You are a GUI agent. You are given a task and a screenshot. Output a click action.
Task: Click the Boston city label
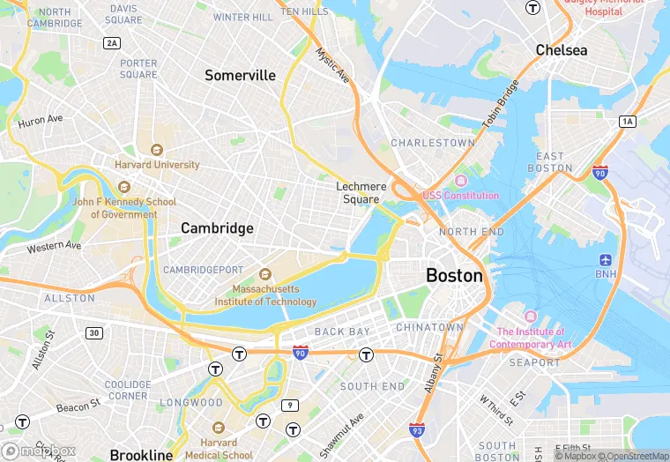click(x=454, y=275)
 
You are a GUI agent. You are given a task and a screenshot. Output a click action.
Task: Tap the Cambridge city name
click(x=217, y=228)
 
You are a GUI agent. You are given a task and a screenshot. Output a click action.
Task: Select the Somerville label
click(x=240, y=76)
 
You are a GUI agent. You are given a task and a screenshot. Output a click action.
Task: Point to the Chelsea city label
click(x=562, y=50)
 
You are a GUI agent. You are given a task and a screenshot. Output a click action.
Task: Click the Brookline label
click(x=141, y=455)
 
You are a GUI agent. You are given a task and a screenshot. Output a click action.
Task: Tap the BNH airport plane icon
click(x=606, y=260)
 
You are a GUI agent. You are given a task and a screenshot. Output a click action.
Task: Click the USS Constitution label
click(x=460, y=195)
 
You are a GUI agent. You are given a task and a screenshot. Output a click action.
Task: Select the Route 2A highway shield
click(x=112, y=42)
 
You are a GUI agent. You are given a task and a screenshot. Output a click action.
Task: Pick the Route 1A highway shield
click(x=627, y=121)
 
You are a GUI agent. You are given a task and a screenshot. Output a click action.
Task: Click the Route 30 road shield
click(x=93, y=332)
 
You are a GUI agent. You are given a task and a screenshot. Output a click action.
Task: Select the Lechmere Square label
click(x=361, y=193)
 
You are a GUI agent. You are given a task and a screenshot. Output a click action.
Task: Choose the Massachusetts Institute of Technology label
click(x=265, y=295)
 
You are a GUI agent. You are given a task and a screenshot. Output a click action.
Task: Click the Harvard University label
click(x=157, y=164)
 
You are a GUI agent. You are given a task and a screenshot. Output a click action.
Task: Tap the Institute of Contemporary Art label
click(x=530, y=338)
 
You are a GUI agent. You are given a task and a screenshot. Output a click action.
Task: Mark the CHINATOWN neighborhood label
click(x=429, y=327)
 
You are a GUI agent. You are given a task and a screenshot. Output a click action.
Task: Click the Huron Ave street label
click(x=41, y=119)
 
